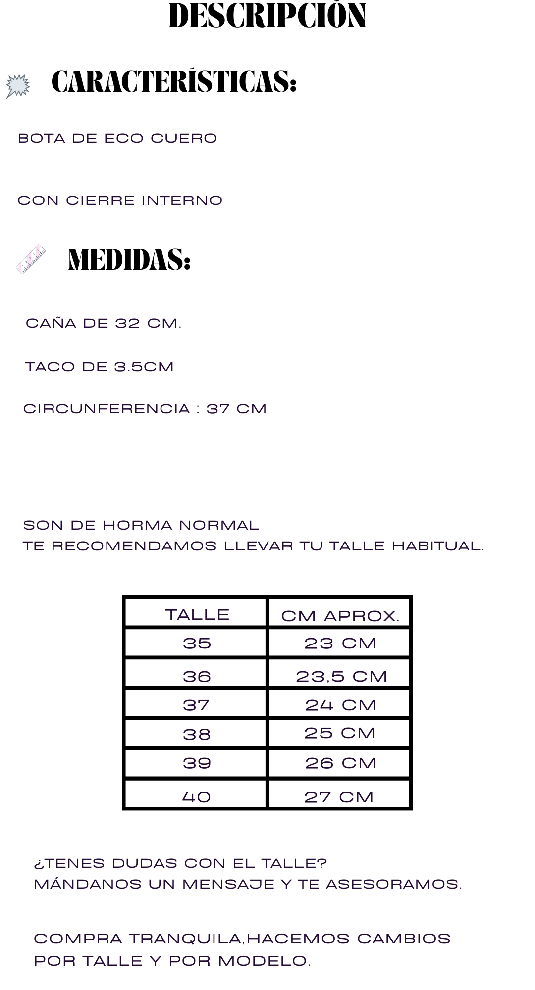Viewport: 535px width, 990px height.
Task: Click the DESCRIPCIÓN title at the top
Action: point(267,16)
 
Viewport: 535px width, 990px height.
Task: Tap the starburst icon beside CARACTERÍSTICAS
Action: point(18,86)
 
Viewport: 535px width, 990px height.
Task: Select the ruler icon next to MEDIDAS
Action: point(30,259)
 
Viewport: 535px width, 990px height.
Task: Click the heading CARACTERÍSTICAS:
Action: point(174,81)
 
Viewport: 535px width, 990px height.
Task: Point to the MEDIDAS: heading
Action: point(129,259)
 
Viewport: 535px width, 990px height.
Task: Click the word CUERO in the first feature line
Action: point(184,138)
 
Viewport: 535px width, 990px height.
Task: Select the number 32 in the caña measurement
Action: point(128,323)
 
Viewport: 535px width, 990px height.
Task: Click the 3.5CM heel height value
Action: point(144,367)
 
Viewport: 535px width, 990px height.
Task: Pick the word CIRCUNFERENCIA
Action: point(107,409)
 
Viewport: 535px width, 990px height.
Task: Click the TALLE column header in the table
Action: point(197,614)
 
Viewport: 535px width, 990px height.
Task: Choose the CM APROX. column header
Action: point(340,616)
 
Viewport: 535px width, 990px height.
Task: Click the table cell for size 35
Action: point(197,643)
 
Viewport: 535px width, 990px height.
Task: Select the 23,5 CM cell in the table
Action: point(341,676)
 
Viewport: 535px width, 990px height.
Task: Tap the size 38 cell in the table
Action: point(197,734)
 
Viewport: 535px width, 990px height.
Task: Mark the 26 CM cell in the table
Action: point(340,763)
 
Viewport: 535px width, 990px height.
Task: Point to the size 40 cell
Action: point(197,796)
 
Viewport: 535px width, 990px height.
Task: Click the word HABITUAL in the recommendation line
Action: point(437,546)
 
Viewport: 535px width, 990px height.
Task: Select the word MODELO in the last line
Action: point(264,961)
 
